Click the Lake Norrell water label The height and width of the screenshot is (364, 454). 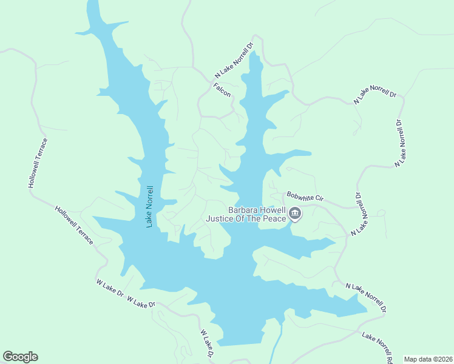[150, 206]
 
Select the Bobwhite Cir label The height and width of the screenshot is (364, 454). [306, 198]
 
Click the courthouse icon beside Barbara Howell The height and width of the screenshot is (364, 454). [295, 213]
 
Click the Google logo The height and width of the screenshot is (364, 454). [20, 357]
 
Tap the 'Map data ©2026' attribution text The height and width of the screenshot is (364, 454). [428, 359]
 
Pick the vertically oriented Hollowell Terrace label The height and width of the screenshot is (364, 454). [37, 163]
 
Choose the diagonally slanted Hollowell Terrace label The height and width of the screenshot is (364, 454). [74, 225]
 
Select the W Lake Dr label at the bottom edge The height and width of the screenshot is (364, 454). [208, 344]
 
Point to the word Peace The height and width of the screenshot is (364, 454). [274, 218]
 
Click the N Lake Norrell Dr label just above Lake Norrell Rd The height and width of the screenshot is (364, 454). [366, 297]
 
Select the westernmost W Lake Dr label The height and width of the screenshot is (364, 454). [109, 287]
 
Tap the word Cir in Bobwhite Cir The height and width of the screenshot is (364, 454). [319, 198]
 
